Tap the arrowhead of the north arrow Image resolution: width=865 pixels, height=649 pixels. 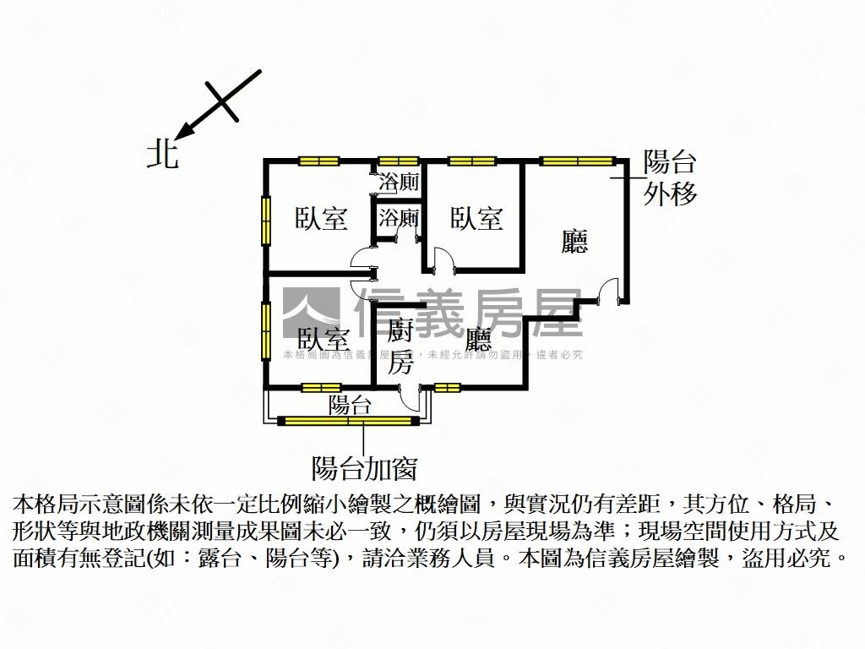click(x=187, y=131)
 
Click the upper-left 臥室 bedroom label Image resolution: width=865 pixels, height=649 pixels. click(x=321, y=218)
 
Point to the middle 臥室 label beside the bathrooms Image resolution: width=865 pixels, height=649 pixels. click(x=476, y=218)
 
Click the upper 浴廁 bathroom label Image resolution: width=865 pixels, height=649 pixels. click(x=399, y=181)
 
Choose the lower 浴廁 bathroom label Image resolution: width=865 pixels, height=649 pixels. click(x=399, y=217)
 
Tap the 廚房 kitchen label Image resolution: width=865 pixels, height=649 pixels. click(x=400, y=346)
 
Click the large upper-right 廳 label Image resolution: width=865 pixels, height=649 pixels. click(x=575, y=243)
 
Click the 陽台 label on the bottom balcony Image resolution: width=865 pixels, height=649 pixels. click(x=350, y=404)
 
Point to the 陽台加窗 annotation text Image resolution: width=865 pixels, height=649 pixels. click(x=364, y=467)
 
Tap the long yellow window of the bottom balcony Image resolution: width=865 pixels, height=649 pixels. click(x=349, y=418)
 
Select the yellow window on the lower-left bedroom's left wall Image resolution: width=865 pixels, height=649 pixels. click(x=266, y=330)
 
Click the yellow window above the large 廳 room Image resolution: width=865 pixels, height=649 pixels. click(x=577, y=161)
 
